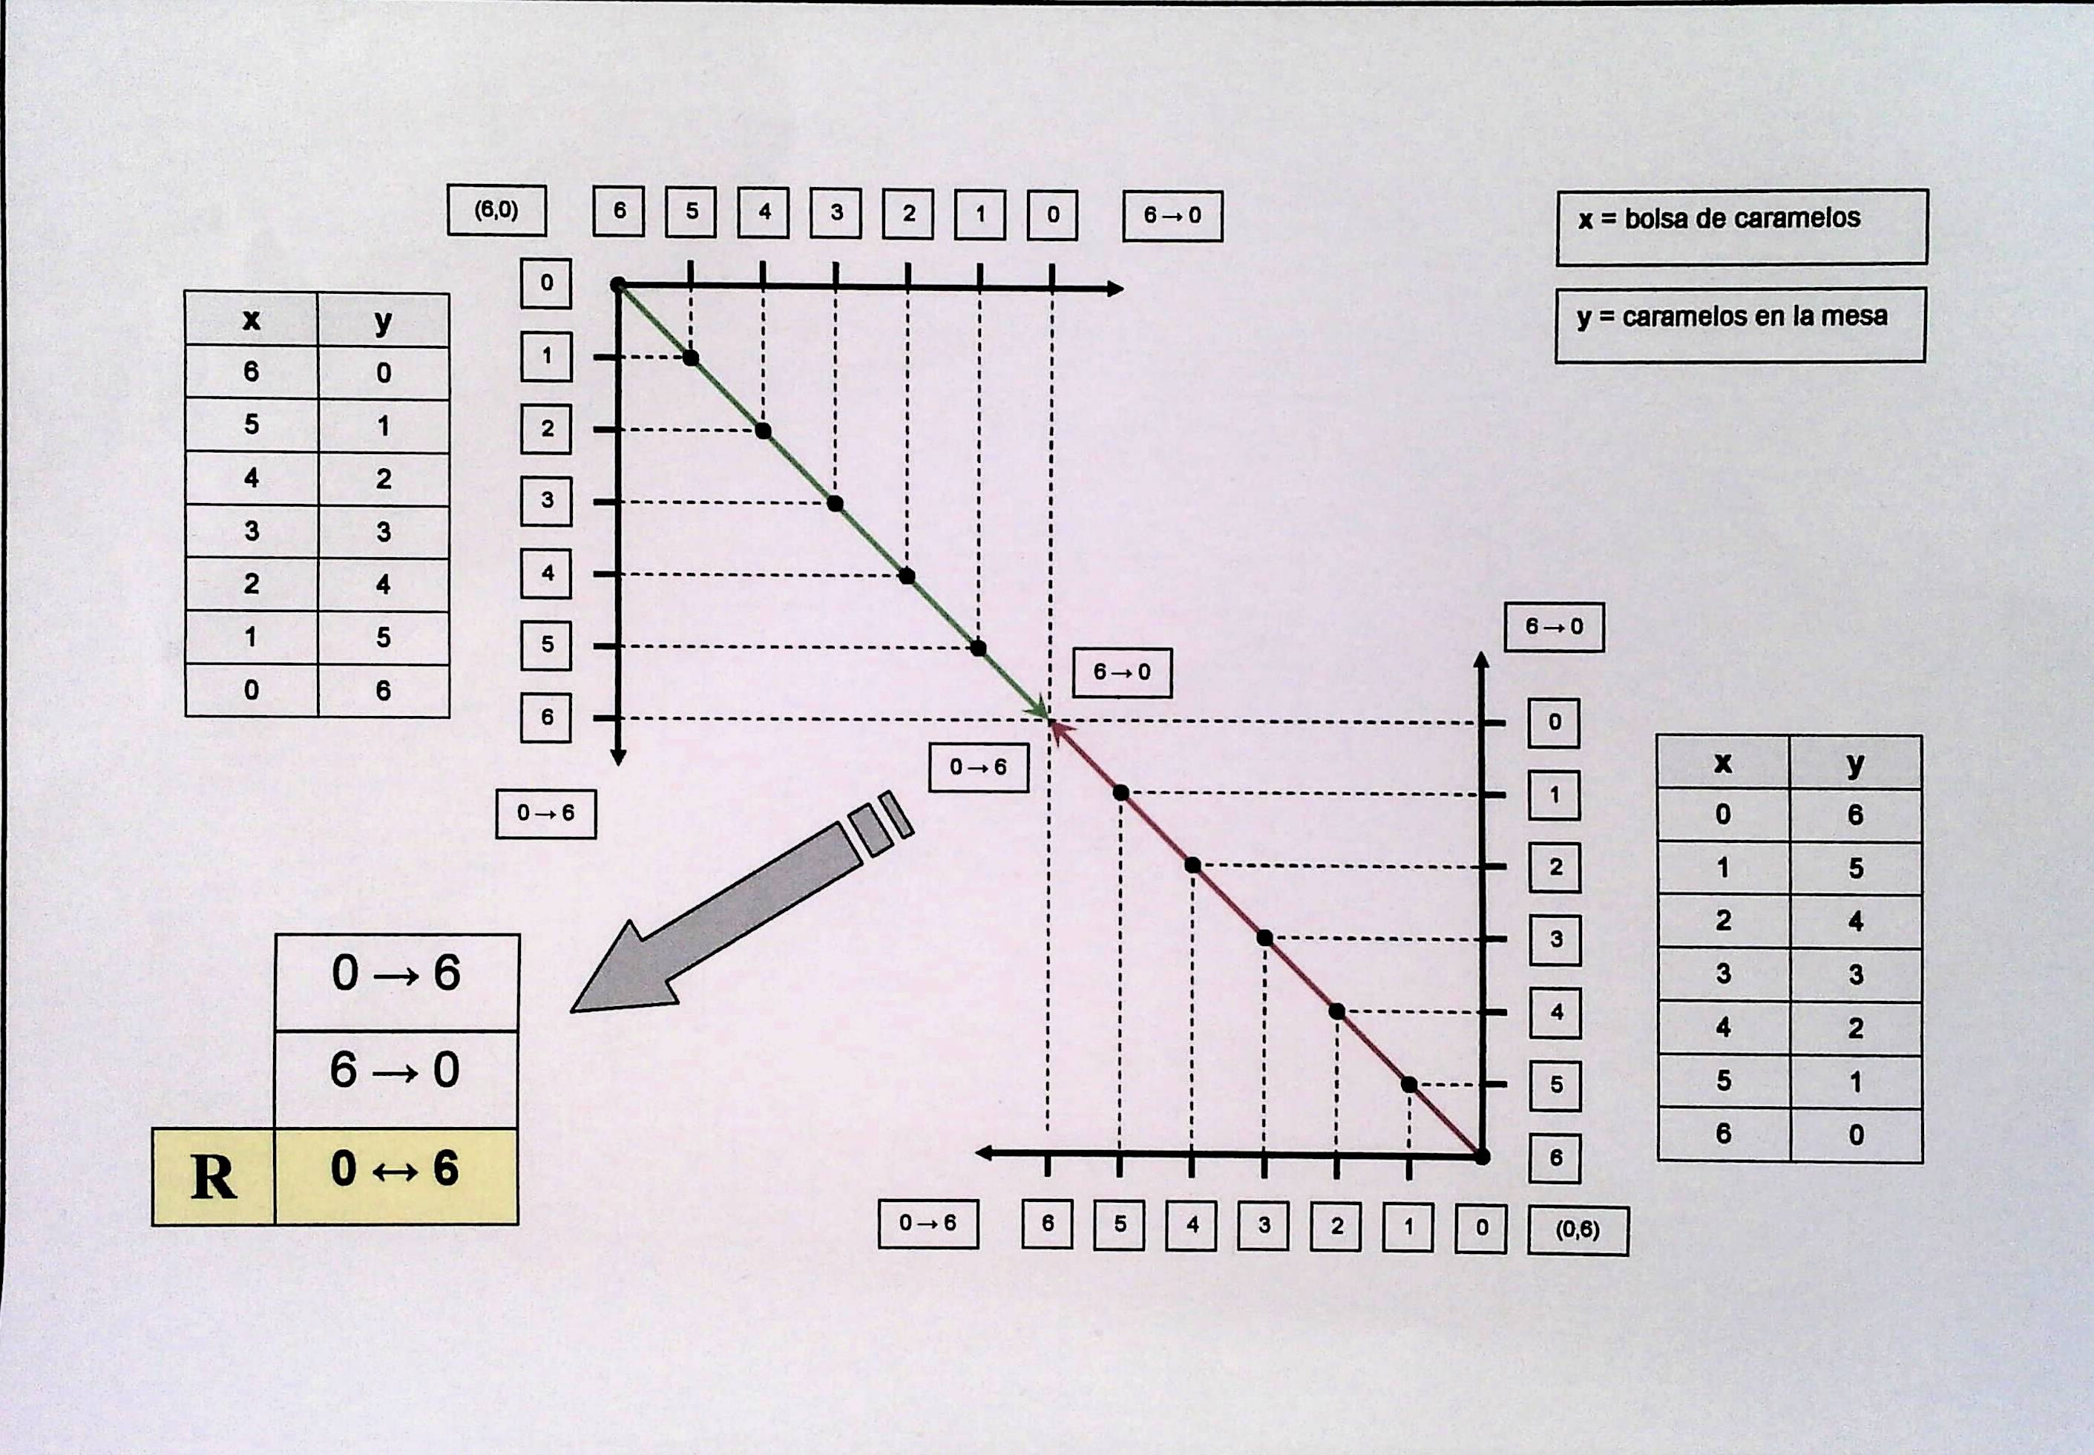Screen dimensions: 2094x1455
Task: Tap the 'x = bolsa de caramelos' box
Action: tap(1742, 227)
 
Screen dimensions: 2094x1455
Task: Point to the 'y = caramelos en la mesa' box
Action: tap(1740, 326)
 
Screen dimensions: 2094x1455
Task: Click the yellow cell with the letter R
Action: tap(213, 1177)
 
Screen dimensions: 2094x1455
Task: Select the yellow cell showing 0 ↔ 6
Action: tap(396, 1176)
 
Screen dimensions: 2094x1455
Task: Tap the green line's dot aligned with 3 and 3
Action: tap(835, 503)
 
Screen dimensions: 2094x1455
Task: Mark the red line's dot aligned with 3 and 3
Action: tap(1264, 938)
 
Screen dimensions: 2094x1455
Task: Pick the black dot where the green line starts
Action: tap(618, 286)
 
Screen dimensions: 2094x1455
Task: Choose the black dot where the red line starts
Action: tap(1483, 1157)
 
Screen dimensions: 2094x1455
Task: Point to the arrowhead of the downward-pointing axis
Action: tap(618, 758)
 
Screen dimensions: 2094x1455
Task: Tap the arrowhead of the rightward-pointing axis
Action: tap(1116, 289)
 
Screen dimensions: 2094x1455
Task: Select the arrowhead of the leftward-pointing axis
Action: tap(984, 1153)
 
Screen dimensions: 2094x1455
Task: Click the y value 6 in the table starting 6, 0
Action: tap(384, 690)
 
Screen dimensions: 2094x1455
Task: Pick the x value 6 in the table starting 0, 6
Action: tap(1723, 1134)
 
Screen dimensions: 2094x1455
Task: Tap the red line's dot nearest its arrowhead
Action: tap(1121, 793)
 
